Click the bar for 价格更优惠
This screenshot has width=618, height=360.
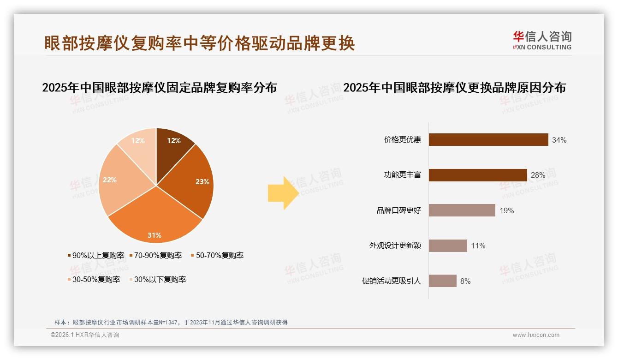click(488, 140)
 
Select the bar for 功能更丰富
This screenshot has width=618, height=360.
click(478, 175)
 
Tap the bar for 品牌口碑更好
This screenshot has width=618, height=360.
click(462, 210)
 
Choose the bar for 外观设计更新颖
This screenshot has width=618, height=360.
click(448, 246)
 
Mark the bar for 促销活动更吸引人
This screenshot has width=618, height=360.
click(443, 281)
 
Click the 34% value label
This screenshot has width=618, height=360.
click(559, 140)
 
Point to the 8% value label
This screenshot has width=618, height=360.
click(465, 281)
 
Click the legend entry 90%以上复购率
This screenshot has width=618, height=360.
click(96, 255)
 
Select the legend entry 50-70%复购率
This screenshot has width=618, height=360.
click(217, 255)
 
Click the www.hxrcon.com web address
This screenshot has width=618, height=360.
click(536, 335)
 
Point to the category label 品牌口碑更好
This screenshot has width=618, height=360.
click(399, 211)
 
